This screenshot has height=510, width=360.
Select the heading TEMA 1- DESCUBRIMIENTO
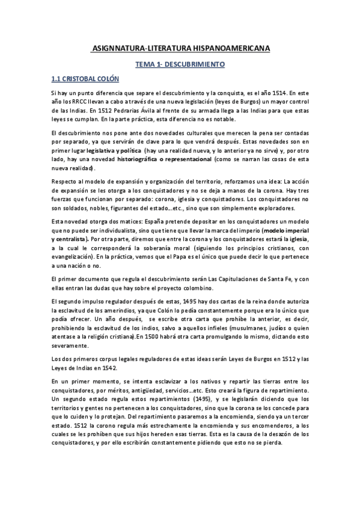point(180,63)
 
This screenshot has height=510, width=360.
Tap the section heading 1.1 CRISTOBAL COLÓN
point(85,79)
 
